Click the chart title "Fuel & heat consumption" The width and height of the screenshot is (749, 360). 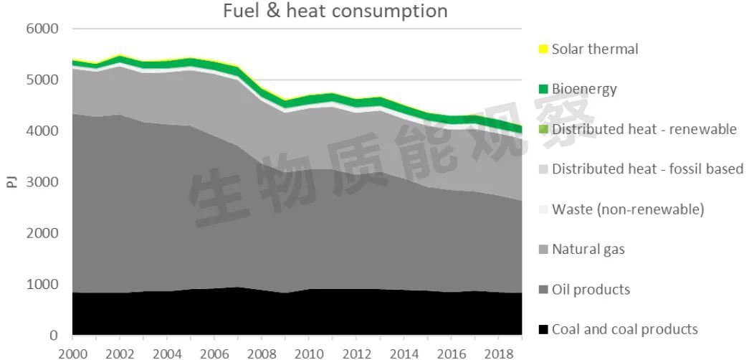coord(335,11)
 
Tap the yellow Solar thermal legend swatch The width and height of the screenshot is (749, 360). coord(543,49)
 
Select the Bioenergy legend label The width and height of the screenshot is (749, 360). coord(584,90)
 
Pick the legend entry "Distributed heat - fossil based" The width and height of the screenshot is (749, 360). coord(647,169)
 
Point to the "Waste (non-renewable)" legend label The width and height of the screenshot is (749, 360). coord(628,209)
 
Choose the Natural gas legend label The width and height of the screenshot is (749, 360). coord(588,250)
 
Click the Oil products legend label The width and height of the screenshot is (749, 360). coord(591,290)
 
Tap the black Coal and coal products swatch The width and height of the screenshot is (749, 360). coord(543,330)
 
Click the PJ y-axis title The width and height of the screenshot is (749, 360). coord(11,182)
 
